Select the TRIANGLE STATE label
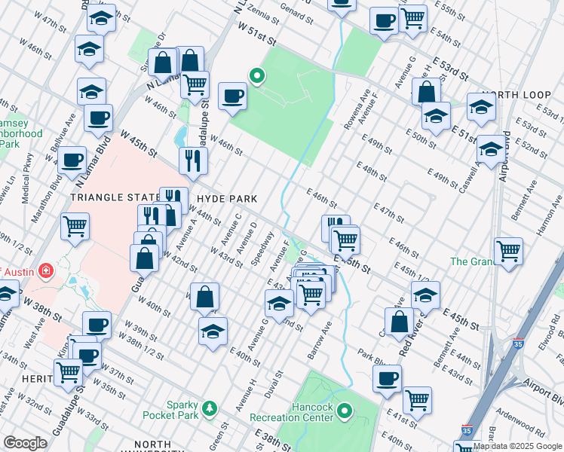click(x=115, y=197)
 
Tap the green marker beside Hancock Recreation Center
click(x=345, y=411)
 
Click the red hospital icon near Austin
click(x=45, y=270)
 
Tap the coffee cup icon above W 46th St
click(x=232, y=96)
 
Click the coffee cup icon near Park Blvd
click(x=387, y=378)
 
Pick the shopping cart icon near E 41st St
click(x=416, y=399)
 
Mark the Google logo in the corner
click(x=26, y=443)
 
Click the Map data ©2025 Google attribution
click(x=517, y=446)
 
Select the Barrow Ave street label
click(x=318, y=341)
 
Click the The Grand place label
click(x=471, y=261)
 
